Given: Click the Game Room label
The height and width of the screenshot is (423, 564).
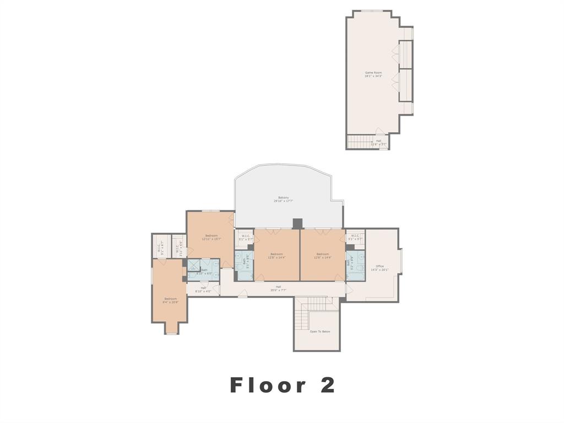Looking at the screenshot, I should (373, 73).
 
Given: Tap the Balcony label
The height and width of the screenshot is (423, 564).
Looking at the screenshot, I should (283, 197).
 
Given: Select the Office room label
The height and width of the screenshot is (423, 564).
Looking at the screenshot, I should (379, 266).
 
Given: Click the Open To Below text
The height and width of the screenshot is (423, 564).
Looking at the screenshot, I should (319, 331).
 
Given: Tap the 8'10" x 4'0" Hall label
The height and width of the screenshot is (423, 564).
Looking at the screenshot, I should (203, 291).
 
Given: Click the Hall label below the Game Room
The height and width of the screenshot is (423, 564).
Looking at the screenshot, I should (378, 141).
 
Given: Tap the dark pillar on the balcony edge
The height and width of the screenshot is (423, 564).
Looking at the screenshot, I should (297, 223).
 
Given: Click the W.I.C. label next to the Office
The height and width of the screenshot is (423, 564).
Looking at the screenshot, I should (355, 236).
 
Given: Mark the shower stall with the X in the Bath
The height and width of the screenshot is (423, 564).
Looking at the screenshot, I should (193, 269).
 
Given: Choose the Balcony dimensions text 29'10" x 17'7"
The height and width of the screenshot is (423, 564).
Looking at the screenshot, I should (283, 201).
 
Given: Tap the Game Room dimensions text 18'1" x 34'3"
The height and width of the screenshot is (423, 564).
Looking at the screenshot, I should (373, 77).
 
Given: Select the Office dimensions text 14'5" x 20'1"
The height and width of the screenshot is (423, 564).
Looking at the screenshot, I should (379, 270).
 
